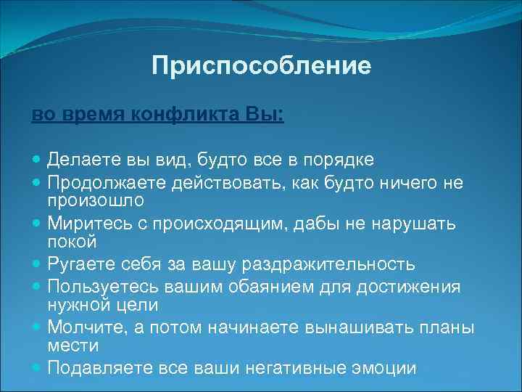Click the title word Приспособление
pos(261,67)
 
